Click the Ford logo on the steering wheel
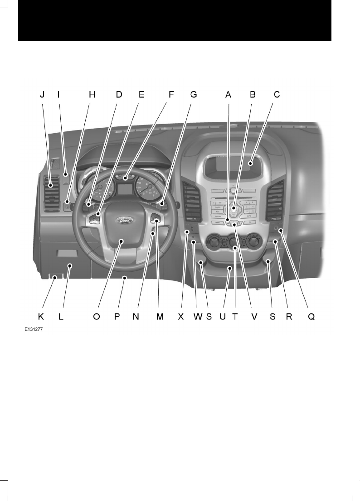123,221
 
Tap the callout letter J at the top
42,95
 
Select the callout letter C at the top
277,95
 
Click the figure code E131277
34,331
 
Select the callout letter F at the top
171,95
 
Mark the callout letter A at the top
229,95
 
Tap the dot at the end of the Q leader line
281,231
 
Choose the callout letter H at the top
92,95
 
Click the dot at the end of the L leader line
70,266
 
